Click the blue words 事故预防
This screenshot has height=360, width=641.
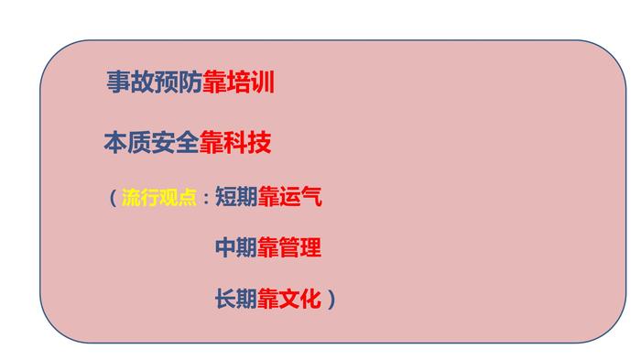point(155,82)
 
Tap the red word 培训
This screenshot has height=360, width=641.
point(250,82)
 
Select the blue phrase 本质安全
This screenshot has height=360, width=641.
point(152,142)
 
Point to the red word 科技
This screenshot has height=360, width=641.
point(247,142)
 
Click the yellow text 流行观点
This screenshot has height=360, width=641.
point(159,197)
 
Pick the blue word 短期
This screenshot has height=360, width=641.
point(236,197)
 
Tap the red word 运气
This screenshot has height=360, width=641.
point(300,197)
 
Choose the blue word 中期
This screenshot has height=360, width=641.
point(236,247)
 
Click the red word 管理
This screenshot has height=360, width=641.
point(300,247)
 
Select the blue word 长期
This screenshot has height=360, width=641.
point(236,299)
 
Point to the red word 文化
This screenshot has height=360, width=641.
point(300,299)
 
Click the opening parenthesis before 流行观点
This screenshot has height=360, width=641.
point(114,197)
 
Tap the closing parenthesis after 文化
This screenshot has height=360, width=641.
point(331,299)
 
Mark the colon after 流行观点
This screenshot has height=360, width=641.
point(206,199)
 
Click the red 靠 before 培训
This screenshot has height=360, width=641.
point(214,82)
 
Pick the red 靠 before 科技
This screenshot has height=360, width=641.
point(212,142)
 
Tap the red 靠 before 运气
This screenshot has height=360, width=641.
point(268,197)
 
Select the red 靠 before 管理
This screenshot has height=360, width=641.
point(268,247)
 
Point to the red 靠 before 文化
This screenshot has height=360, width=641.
point(268,299)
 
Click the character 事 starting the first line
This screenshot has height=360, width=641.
point(118,82)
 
